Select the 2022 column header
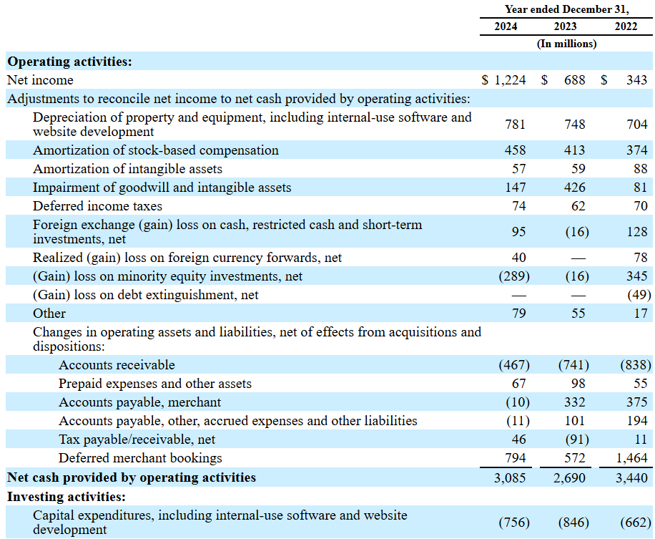click(x=626, y=26)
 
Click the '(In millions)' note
click(x=566, y=44)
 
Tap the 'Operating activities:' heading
click(x=69, y=62)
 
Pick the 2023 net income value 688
click(x=573, y=80)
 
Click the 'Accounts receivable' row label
click(x=117, y=365)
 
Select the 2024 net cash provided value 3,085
click(x=509, y=477)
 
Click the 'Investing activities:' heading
click(x=67, y=496)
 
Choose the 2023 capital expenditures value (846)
click(x=573, y=523)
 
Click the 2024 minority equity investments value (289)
click(x=513, y=276)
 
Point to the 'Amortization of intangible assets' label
click(x=127, y=169)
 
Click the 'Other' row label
click(x=49, y=314)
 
